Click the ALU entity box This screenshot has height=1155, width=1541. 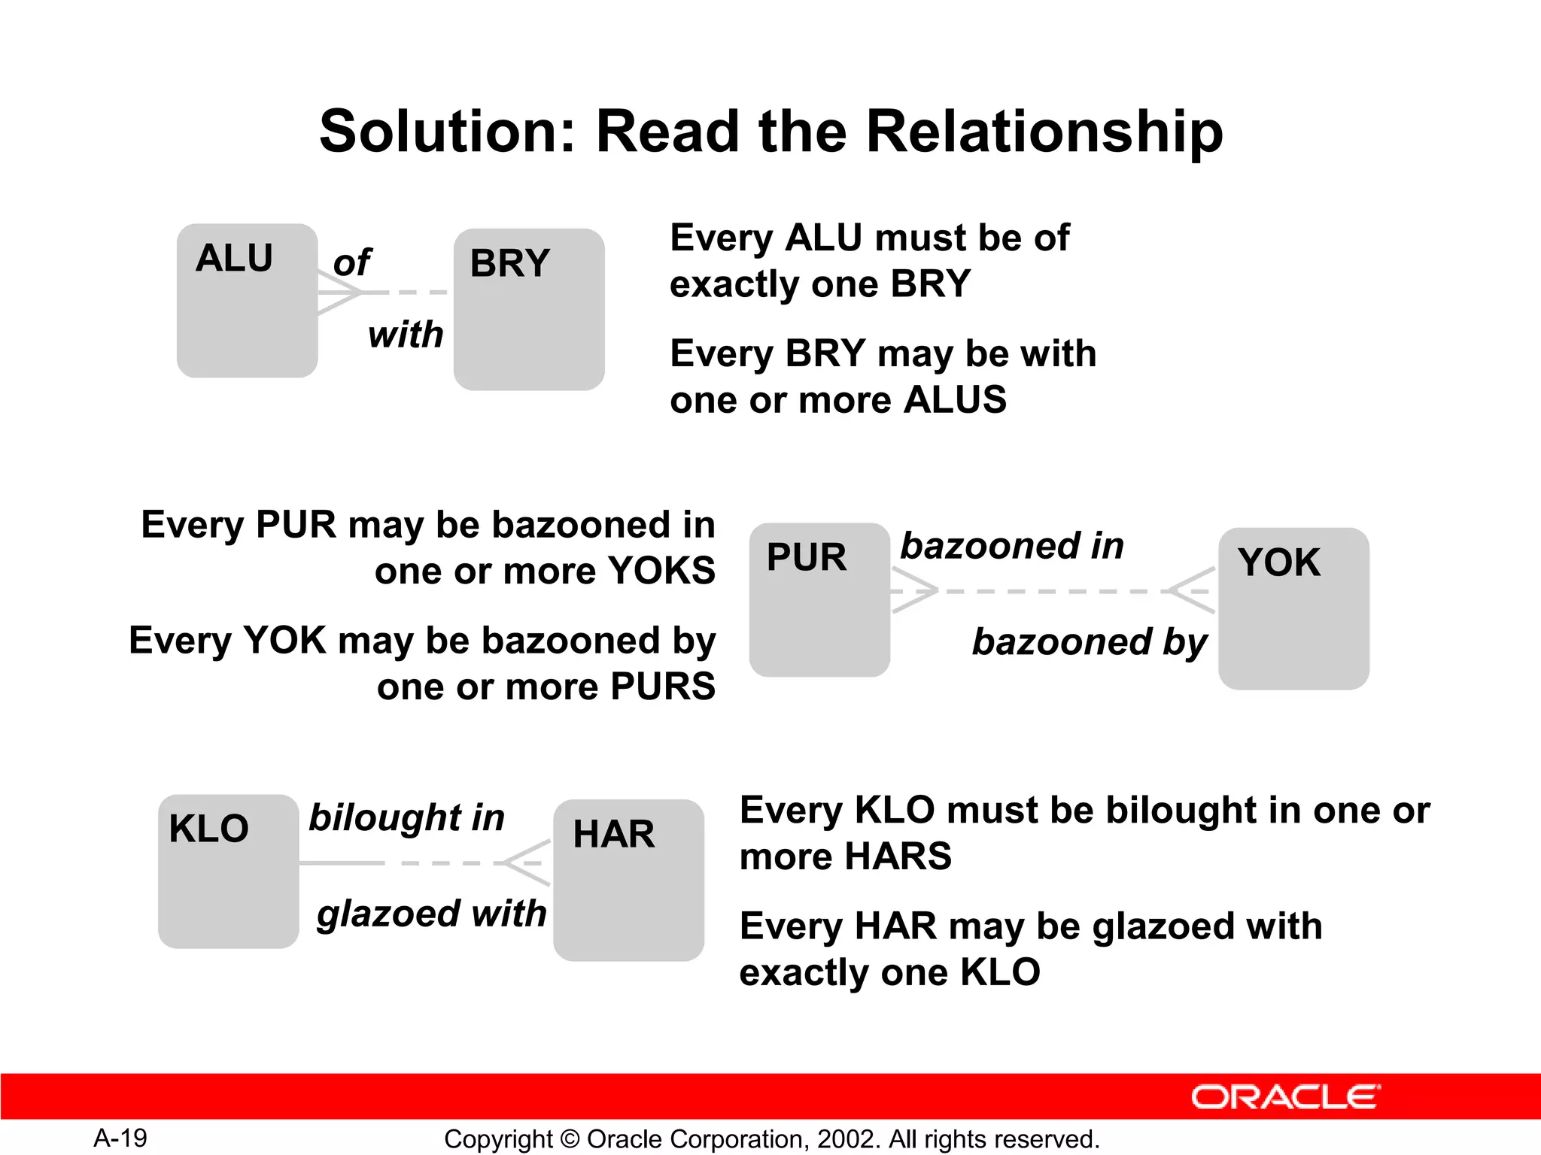click(247, 301)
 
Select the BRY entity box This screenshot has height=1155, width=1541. click(529, 310)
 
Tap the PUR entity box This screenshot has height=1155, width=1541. click(819, 600)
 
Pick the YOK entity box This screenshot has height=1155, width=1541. click(1293, 609)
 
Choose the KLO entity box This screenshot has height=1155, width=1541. click(228, 872)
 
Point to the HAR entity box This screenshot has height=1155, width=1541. click(628, 881)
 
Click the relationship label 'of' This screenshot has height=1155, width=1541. click(351, 262)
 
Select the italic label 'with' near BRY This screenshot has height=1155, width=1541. click(406, 334)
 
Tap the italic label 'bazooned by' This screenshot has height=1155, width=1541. click(1089, 641)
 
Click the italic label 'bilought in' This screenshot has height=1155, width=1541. click(406, 817)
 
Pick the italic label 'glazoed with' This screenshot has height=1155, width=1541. click(431, 914)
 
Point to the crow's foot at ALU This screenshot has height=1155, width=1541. click(337, 292)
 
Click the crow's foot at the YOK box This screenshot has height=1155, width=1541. click(1193, 591)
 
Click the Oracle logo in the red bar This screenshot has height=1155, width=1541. click(1285, 1097)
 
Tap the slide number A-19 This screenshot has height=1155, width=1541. click(120, 1138)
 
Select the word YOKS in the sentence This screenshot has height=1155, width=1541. click(661, 571)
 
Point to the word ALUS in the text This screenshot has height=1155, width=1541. click(954, 399)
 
